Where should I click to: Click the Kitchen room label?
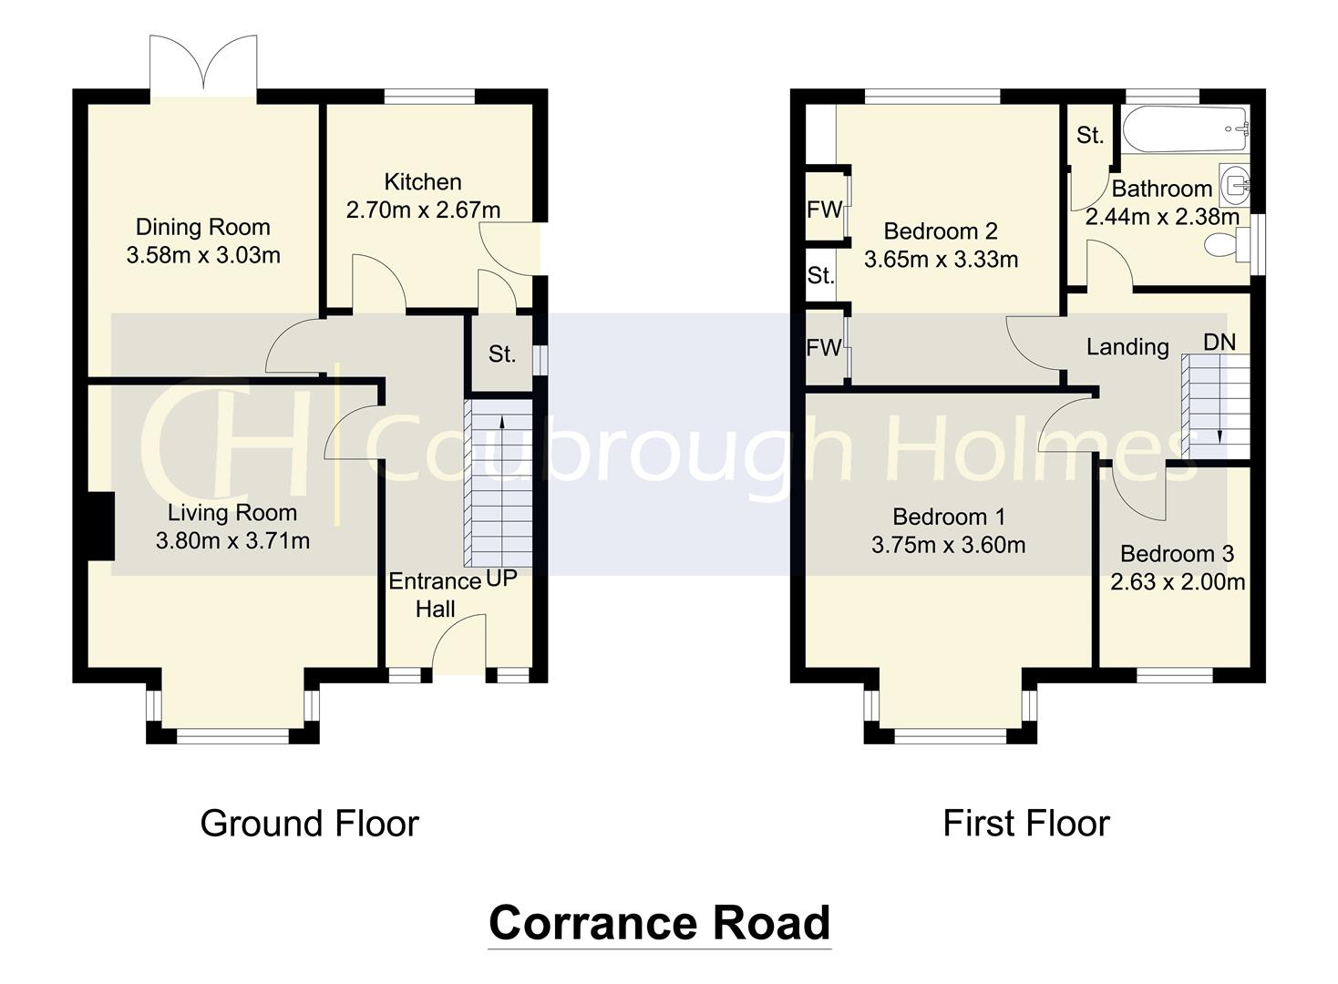click(422, 182)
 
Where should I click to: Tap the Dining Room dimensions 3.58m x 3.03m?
click(203, 256)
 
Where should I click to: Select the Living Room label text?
click(232, 513)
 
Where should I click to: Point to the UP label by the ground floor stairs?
click(501, 579)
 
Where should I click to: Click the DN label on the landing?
click(1220, 343)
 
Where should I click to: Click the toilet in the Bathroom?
click(1226, 243)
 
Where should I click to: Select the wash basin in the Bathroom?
click(1235, 184)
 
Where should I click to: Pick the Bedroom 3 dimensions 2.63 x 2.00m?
click(1178, 582)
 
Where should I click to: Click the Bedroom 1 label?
click(949, 518)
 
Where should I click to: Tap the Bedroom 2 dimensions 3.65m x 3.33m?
click(941, 260)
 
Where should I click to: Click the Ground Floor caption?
click(309, 824)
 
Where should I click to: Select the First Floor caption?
click(1025, 824)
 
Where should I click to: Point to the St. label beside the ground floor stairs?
click(501, 354)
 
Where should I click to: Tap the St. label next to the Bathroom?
click(1090, 136)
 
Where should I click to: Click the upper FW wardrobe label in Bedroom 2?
click(824, 210)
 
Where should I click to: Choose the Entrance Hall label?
click(435, 595)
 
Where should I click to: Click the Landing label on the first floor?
click(1127, 347)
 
